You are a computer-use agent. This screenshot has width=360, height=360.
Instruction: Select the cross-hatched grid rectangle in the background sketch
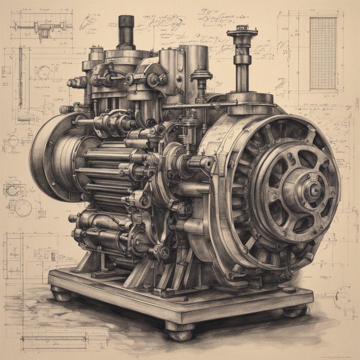coord(323,53)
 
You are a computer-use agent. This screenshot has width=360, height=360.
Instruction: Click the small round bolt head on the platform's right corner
coord(289,290)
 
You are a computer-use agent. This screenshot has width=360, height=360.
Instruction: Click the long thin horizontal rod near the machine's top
coord(200,105)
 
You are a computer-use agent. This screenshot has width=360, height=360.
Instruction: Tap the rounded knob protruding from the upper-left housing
coord(72,83)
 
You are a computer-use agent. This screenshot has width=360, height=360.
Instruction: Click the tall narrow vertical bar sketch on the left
coord(20,77)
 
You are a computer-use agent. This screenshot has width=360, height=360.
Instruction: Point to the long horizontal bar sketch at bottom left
coord(56,338)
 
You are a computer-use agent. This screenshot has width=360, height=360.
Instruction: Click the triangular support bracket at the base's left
coord(88,262)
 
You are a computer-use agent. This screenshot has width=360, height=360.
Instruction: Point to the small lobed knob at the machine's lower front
coord(164,252)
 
